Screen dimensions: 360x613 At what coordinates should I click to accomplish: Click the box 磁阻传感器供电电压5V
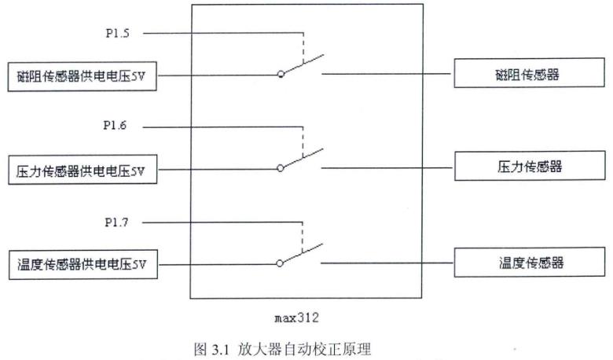(82, 77)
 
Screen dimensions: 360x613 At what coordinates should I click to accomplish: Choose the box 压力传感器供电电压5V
(82, 170)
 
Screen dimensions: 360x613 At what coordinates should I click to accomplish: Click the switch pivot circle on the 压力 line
(281, 168)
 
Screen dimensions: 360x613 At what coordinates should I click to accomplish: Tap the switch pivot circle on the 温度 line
(281, 263)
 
